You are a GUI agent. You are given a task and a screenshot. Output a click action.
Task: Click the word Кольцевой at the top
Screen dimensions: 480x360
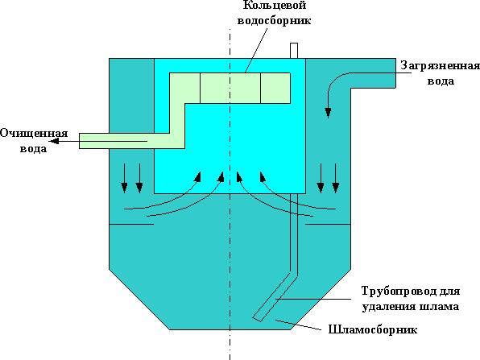coord(275,5)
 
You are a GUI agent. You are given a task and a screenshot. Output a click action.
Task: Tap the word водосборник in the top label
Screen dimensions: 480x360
coord(275,20)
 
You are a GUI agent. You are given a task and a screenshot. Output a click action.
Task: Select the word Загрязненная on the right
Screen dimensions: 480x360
coord(440,66)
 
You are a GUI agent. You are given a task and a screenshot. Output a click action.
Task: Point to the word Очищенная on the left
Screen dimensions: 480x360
coord(34,134)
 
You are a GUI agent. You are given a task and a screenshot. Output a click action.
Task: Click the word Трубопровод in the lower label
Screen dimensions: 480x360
coord(399,292)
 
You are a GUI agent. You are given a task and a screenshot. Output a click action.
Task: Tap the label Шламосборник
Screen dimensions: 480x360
coord(373,330)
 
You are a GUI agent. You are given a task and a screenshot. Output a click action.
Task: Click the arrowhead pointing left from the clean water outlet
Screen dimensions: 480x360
coord(54,141)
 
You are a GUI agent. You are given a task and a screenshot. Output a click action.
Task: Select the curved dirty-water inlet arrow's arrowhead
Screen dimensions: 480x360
coord(328,112)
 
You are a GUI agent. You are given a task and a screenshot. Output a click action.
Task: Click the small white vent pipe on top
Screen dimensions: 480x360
coord(294,51)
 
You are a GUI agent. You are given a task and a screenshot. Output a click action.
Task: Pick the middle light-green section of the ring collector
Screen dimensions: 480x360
coord(230,88)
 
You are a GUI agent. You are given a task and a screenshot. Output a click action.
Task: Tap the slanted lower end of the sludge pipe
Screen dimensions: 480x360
coord(258,318)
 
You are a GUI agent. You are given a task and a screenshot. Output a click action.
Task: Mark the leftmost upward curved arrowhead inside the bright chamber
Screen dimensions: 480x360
coord(198,176)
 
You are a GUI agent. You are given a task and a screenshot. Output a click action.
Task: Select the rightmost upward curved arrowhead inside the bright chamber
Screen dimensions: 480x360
coord(263,176)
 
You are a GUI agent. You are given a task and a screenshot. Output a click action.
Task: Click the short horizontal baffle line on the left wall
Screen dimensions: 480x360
coord(131,225)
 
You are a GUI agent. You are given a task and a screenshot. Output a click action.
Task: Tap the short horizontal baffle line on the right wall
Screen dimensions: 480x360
coord(328,225)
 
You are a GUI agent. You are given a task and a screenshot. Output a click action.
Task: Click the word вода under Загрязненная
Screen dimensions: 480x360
coord(441,81)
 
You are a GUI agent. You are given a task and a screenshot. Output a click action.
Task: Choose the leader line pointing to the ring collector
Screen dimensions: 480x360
coord(256,50)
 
